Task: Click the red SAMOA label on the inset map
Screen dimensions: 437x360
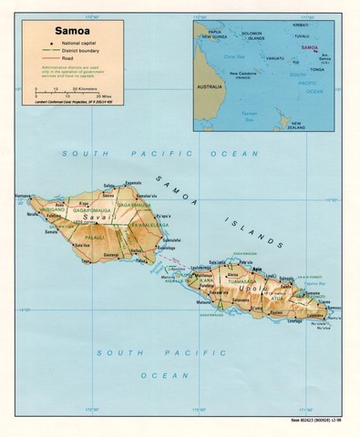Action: coord(311,46)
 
